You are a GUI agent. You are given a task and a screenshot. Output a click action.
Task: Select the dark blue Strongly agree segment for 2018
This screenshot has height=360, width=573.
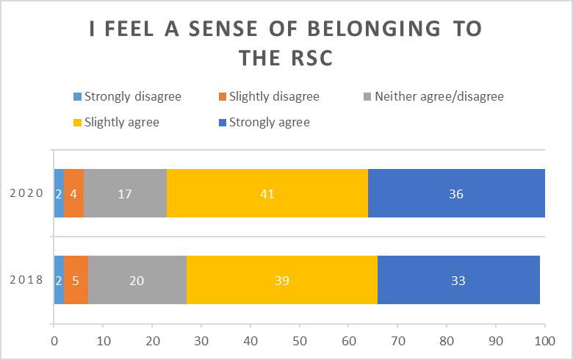(458, 280)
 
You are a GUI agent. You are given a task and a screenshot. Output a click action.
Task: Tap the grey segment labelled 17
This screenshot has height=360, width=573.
(125, 194)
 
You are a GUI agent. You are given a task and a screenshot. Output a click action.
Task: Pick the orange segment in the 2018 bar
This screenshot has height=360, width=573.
(76, 280)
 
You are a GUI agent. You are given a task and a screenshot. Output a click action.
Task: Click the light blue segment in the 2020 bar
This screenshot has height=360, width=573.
(59, 194)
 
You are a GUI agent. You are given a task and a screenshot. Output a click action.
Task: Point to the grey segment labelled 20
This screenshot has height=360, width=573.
(137, 280)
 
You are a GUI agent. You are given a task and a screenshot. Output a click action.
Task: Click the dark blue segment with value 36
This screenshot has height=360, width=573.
(455, 194)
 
